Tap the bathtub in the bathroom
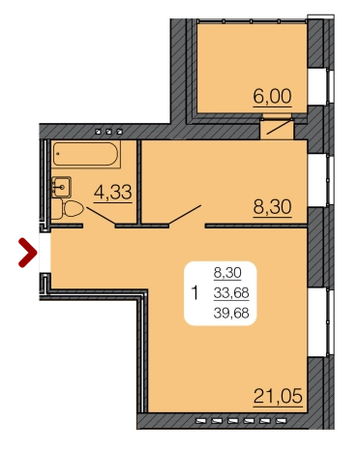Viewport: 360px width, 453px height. [x=86, y=154]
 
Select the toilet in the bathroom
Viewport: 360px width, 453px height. [x=68, y=209]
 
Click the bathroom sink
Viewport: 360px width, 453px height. [x=61, y=187]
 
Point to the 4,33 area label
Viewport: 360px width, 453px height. [x=113, y=193]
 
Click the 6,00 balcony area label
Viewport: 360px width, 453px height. [x=273, y=97]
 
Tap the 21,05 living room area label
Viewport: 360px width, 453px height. [x=278, y=396]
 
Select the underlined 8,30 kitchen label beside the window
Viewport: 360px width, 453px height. [x=273, y=207]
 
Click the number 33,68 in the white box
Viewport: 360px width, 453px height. [x=231, y=293]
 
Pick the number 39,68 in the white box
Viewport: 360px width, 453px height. [x=231, y=313]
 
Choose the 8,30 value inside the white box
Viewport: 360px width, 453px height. [x=227, y=273]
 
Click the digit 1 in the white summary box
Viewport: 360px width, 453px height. [x=195, y=293]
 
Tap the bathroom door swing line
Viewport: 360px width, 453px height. [x=101, y=216]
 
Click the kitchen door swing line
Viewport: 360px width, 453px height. [x=185, y=214]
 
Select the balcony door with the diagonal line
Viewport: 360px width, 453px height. [x=278, y=128]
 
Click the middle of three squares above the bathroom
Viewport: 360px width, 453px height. [x=109, y=132]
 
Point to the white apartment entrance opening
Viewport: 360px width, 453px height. [x=45, y=253]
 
